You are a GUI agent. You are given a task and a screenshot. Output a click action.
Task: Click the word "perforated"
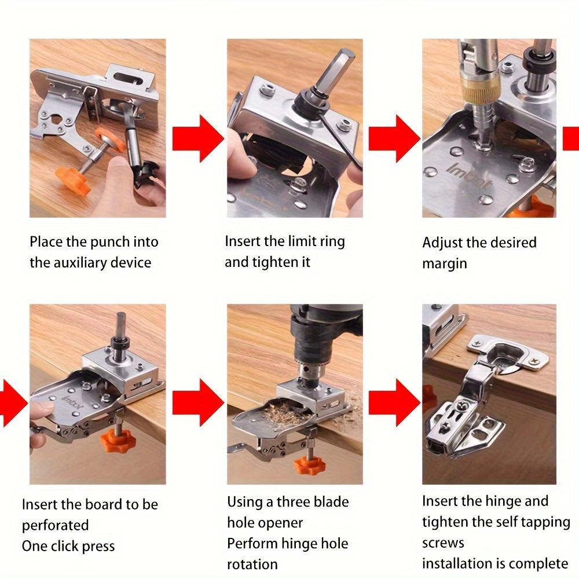tap(56, 526)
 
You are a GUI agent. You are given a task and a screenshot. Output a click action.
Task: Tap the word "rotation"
tap(252, 565)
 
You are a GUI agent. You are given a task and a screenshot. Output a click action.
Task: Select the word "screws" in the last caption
tap(443, 543)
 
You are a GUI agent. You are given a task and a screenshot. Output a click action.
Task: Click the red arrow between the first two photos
tap(198, 138)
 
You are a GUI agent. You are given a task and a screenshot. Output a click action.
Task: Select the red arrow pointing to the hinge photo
tap(394, 402)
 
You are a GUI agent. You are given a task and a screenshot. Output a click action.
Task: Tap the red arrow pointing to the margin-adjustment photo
tap(394, 138)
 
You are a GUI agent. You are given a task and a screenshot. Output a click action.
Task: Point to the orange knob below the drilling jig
tap(309, 464)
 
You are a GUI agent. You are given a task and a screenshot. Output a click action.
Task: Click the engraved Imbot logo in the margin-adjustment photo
tap(470, 176)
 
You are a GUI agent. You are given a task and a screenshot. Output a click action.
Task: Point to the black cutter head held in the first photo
tap(147, 174)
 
